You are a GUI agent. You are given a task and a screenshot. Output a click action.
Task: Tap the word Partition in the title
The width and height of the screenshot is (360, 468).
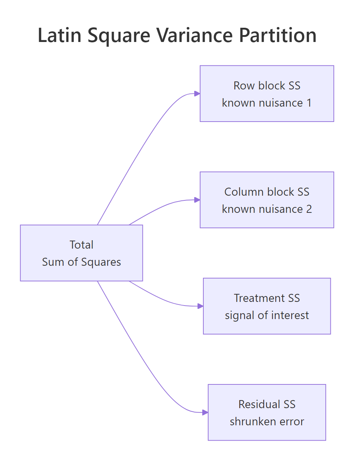coord(278,35)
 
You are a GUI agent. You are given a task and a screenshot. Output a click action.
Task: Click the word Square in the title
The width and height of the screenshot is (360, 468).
coord(119,36)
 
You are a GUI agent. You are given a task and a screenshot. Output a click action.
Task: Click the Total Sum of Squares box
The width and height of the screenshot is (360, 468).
coord(81,253)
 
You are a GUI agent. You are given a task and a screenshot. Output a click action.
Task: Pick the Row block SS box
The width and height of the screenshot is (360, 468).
coord(267,93)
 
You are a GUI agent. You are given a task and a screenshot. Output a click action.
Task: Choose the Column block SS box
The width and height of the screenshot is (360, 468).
coord(267,200)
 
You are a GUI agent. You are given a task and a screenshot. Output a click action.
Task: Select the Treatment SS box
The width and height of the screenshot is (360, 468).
coord(267,306)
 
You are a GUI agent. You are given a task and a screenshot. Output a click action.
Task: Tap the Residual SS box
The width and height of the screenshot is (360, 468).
coord(267,412)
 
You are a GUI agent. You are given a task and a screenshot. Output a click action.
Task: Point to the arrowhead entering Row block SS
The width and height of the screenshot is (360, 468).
coord(197,93)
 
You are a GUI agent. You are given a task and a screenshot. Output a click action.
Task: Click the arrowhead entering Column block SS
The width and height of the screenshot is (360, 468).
coord(197,200)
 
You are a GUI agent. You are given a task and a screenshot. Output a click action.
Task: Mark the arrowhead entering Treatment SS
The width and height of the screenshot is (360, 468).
coord(200,306)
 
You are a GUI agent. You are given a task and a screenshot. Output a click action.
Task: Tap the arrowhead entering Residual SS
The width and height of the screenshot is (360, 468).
coord(205,412)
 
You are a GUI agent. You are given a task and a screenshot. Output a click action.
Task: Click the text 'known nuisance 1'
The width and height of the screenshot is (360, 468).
coord(267,103)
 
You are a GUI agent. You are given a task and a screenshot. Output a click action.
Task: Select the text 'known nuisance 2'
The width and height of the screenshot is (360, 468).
coord(267,209)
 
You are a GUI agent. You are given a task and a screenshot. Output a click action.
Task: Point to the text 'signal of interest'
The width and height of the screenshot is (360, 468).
coord(267,315)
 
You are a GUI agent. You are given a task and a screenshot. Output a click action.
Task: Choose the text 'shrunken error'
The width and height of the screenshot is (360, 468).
coord(267,421)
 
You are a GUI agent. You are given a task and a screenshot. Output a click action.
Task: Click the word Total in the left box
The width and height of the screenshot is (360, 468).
coord(81,245)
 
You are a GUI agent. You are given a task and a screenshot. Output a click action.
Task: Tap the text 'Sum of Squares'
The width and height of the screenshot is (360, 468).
coord(81,262)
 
